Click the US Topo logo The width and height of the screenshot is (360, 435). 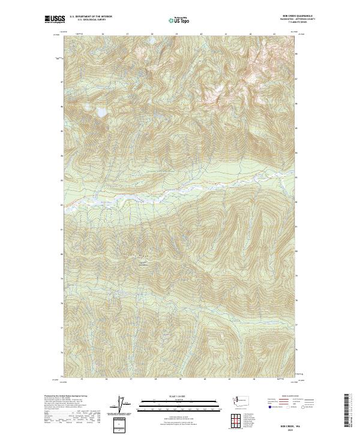179,20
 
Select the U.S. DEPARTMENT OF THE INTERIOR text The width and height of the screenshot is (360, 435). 91,17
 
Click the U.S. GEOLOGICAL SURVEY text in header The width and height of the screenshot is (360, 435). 91,20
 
